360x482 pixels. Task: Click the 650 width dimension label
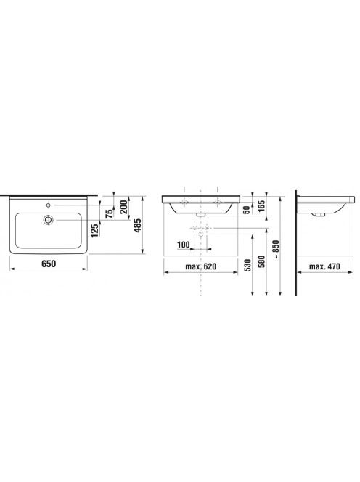point(49,264)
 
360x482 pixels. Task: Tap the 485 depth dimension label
point(138,225)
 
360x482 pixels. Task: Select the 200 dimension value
point(123,207)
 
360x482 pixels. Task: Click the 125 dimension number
point(95,230)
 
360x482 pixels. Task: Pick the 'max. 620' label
point(201,266)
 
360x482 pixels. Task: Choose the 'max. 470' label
point(324,266)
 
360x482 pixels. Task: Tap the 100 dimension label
point(184,245)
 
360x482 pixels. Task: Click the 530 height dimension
point(247,265)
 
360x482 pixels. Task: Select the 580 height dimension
point(261,261)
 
